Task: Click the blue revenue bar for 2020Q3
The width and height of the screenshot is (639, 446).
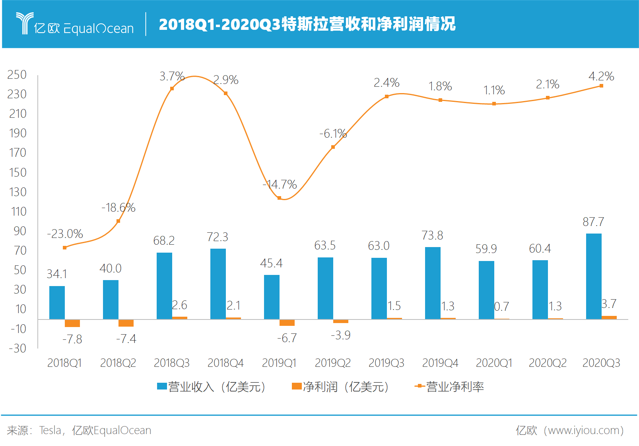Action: (593, 276)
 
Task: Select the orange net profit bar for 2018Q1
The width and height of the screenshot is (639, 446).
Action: (72, 323)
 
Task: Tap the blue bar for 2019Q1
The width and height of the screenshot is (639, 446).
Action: (272, 297)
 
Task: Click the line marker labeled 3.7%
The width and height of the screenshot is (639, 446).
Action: (172, 88)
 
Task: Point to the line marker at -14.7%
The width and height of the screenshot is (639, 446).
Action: (279, 198)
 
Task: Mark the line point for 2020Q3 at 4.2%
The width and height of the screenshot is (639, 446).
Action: (601, 86)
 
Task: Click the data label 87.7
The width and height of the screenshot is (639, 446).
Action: (593, 222)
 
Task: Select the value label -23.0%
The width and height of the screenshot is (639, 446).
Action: (65, 234)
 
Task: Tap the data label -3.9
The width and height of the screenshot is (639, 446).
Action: (340, 335)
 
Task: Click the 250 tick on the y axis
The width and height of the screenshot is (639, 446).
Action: (17, 75)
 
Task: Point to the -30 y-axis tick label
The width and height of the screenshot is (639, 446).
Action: (17, 349)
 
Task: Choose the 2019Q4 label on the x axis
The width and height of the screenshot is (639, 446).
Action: (440, 363)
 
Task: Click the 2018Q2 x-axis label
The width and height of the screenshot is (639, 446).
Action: (118, 363)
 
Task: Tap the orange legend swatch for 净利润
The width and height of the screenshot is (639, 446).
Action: (297, 386)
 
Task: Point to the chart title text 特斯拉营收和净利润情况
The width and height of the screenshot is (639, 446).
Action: (368, 24)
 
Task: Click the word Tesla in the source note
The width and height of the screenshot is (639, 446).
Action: (50, 430)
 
